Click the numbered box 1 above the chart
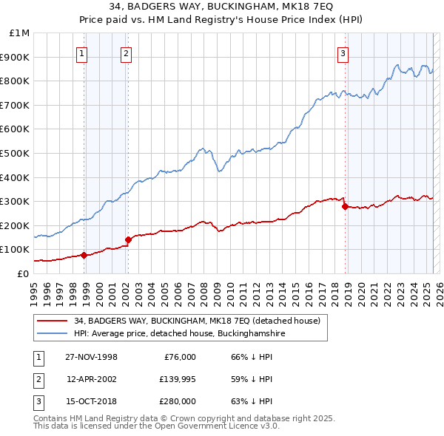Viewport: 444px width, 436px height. [81, 52]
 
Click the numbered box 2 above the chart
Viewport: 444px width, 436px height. [127, 52]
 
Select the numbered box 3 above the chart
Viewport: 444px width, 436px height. [343, 52]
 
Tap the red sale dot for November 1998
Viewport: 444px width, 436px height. [84, 255]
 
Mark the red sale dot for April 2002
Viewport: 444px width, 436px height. [128, 239]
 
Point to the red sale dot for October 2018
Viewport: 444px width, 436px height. [345, 206]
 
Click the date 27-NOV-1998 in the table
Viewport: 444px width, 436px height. [91, 357]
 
